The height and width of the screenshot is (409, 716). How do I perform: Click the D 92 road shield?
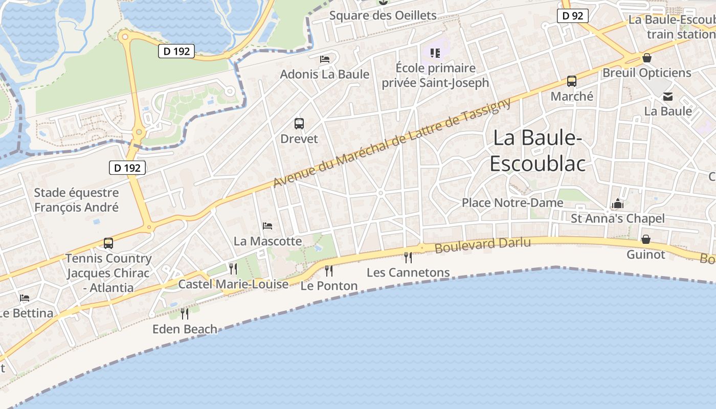coord(572,16)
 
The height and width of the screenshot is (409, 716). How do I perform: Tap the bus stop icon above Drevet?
coord(299,123)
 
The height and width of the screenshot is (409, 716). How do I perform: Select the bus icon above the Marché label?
coord(572,81)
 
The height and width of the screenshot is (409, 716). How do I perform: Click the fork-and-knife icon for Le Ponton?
coord(329,270)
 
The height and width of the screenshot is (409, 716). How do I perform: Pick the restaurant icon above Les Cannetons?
coord(408,257)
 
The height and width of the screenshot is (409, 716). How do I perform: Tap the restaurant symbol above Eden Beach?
coord(185,313)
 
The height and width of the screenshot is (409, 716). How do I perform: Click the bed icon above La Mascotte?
coord(267,225)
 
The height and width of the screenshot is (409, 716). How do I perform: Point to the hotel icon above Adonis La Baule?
coord(325,59)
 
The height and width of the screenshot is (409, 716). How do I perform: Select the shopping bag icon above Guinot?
coord(646,239)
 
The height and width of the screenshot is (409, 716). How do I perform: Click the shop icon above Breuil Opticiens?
coord(647,58)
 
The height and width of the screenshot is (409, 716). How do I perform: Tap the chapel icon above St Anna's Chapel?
coord(618,203)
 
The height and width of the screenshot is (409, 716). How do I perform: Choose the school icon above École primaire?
coord(435,53)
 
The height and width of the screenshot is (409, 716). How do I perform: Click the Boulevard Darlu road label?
coord(483,244)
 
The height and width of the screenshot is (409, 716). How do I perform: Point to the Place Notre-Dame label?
coord(512,202)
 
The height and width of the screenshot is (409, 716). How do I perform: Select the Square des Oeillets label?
coord(383,15)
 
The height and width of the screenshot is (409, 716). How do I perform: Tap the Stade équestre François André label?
coord(76,200)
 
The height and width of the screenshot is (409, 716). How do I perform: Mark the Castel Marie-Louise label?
coord(233,284)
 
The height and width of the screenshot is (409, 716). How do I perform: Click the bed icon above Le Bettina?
coord(25,298)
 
